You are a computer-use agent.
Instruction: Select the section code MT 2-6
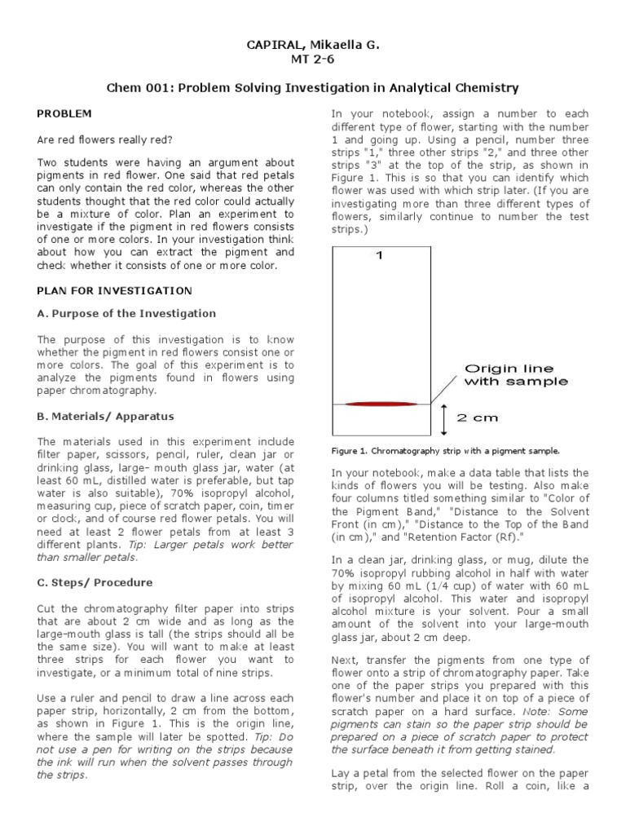pos(313,59)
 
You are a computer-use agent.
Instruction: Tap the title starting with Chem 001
pos(313,87)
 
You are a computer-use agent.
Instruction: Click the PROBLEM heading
pos(64,113)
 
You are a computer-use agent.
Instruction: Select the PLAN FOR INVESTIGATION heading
pos(115,290)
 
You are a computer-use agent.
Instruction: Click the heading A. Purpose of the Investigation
pos(126,313)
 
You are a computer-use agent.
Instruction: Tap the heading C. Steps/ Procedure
pos(95,583)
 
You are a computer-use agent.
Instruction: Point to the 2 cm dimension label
pos(477,417)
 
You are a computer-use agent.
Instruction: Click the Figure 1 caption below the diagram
pos(445,450)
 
